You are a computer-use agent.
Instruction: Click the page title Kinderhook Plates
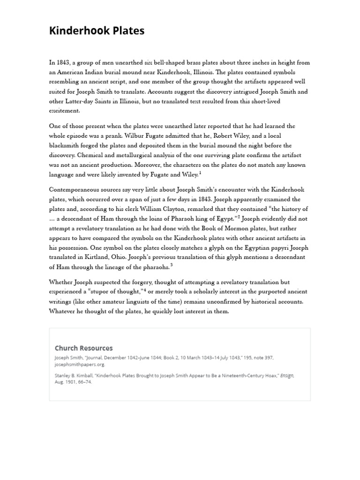[x=97, y=31]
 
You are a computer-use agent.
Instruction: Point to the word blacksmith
[x=65, y=146]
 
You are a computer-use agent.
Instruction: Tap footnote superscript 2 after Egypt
[x=239, y=217]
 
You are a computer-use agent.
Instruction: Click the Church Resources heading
[x=83, y=348]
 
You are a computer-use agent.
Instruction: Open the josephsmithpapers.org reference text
[x=80, y=364]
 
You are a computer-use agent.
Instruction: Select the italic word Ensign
[x=287, y=375]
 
